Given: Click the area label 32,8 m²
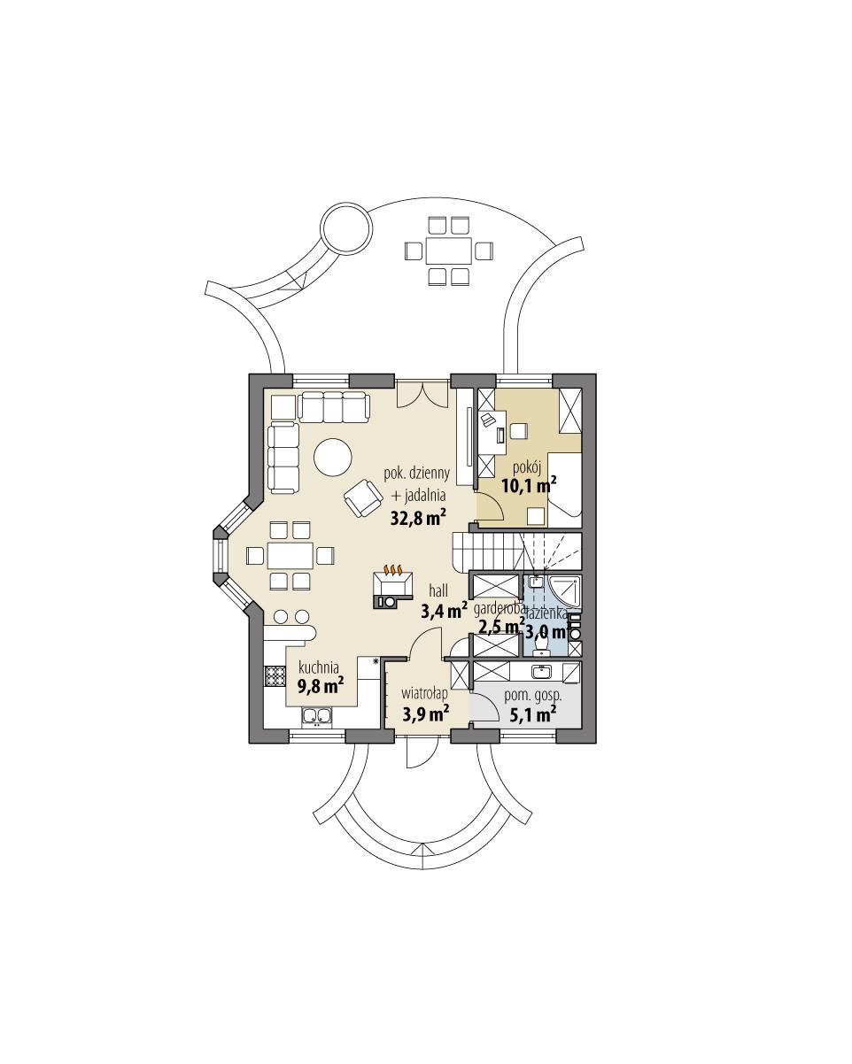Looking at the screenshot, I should click(x=418, y=518).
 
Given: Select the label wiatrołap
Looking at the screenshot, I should click(x=424, y=693).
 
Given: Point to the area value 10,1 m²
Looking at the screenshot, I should click(x=529, y=485).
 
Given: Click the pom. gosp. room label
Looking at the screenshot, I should click(x=533, y=695).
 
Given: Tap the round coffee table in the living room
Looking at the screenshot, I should click(x=332, y=459).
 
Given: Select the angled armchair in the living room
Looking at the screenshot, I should click(x=361, y=497).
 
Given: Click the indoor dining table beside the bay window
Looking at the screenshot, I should click(x=290, y=556).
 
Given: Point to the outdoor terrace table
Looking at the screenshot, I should click(x=447, y=251).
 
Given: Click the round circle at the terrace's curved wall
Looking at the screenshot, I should click(x=344, y=227).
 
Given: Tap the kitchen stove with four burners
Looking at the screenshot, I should click(x=272, y=677).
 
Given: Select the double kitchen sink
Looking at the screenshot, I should click(x=316, y=716).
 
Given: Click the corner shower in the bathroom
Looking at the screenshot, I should click(x=565, y=592).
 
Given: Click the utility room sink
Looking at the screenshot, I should click(x=543, y=670).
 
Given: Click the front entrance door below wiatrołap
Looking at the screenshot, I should click(x=417, y=753).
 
